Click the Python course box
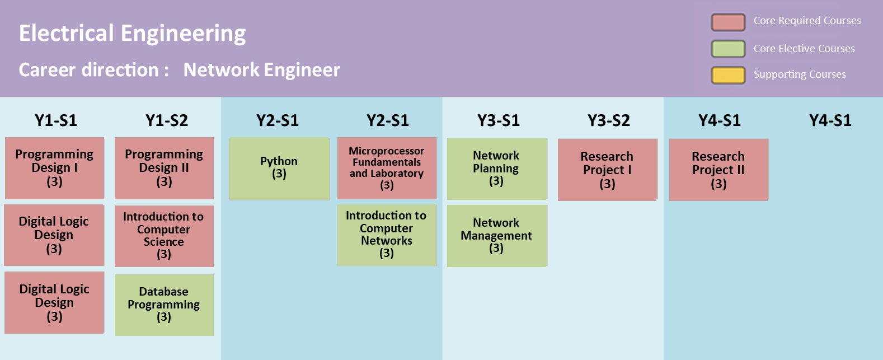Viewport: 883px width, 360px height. pos(279,169)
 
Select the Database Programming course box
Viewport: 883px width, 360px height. pos(164,305)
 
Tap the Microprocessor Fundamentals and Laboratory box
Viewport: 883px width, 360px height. pos(387,168)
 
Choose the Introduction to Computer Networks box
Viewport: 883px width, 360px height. pos(387,235)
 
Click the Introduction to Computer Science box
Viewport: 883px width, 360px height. pos(164,236)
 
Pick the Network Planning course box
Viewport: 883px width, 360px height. pos(496,169)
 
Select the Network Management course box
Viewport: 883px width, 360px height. pos(496,235)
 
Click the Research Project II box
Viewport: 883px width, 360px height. pos(718,170)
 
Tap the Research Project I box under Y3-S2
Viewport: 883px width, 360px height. pos(607,170)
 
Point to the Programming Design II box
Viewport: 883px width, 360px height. pos(164,168)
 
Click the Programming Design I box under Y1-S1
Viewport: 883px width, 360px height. pos(54,168)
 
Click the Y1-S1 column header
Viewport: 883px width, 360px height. pos(56,120)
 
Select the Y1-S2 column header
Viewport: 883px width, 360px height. pos(167,120)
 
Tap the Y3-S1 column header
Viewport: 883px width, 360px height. pos(499,120)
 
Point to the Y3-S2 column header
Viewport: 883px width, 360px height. pos(609,120)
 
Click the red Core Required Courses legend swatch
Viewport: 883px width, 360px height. pos(728,22)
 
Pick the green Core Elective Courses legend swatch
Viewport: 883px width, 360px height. pos(728,49)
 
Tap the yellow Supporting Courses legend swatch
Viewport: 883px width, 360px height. pos(728,75)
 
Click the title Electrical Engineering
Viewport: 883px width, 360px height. pos(133,34)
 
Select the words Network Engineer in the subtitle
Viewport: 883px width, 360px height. pos(262,70)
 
